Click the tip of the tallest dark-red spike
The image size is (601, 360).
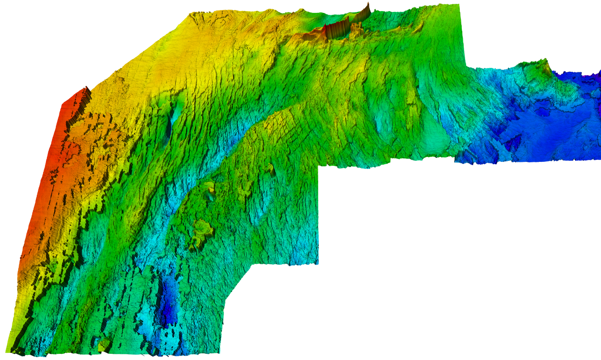369,3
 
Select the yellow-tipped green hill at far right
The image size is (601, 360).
543,62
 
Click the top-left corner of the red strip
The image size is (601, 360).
63,104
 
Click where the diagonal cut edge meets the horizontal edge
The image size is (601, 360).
252,264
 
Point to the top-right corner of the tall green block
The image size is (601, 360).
459,4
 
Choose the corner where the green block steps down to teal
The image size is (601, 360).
466,67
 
